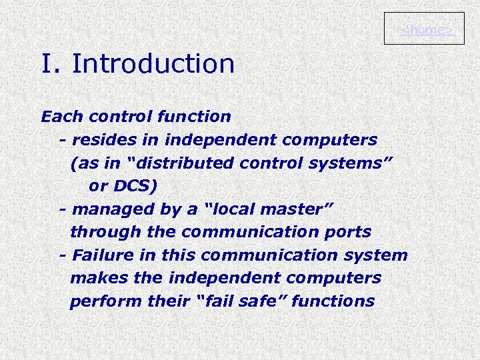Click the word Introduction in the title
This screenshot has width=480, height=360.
pyautogui.click(x=153, y=64)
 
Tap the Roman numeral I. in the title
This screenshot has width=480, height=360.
pyautogui.click(x=51, y=64)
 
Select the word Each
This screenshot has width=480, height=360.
pyautogui.click(x=62, y=117)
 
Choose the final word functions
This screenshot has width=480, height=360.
pyautogui.click(x=333, y=301)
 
